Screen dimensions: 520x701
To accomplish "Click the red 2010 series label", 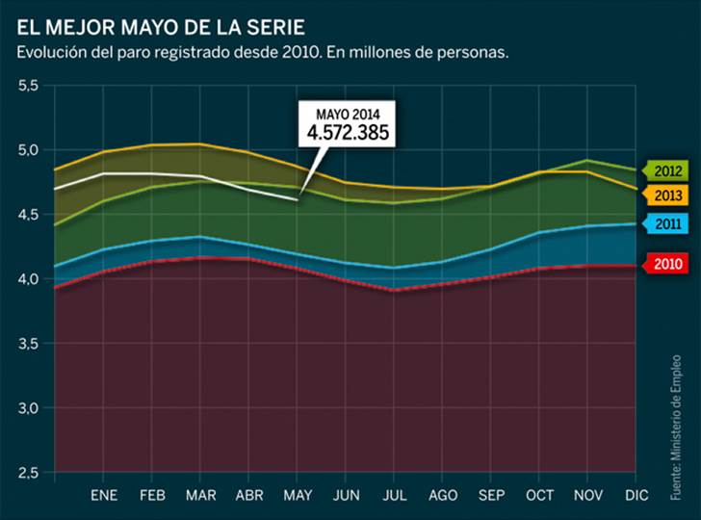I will pos(669,262).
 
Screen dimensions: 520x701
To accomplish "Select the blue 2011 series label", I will pos(669,224).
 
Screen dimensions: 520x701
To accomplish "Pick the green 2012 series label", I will pos(669,171).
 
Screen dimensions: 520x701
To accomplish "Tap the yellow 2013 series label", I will pos(669,195).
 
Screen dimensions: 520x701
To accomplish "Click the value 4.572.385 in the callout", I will pos(348,133).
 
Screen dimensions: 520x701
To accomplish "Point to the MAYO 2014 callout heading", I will pos(348,114).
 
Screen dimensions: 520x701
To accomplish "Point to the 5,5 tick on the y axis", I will pos(28,87).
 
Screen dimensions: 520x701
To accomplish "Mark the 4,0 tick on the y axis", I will pos(28,279).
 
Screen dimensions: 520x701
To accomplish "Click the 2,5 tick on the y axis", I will pos(28,472).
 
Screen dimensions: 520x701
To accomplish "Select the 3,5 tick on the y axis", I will pos(28,344).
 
